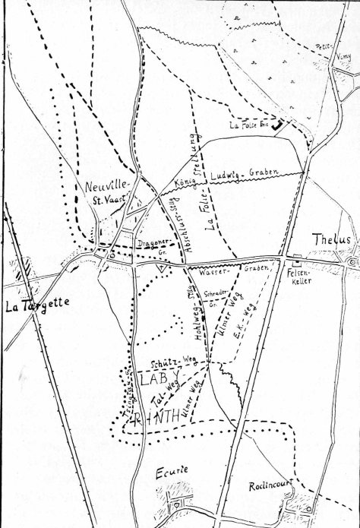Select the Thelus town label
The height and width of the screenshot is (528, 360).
tap(333, 239)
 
